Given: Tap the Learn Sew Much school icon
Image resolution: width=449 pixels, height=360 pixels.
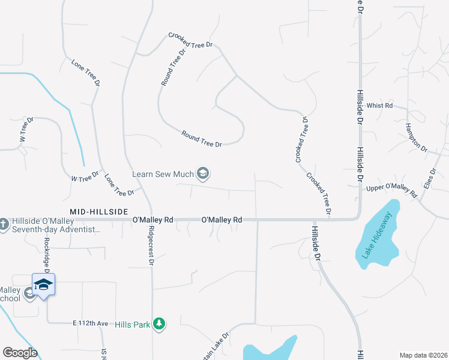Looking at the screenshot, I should [x=203, y=174].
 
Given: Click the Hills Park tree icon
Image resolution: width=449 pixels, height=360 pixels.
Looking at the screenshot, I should [x=159, y=324].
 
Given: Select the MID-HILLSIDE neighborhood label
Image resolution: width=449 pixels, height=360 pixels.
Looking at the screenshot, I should [x=99, y=212].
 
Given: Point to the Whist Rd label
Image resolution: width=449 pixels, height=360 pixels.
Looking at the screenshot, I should [x=379, y=106].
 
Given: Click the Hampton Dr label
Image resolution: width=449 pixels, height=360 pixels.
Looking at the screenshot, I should [x=415, y=137].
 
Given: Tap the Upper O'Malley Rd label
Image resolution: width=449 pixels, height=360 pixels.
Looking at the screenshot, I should [x=391, y=191].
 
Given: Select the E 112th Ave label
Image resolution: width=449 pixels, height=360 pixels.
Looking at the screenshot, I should [x=91, y=323].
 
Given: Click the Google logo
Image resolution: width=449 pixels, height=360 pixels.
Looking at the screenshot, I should [x=20, y=353].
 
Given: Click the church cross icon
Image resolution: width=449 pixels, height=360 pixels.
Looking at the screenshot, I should [x=4, y=224].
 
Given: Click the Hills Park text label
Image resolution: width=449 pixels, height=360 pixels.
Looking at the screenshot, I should [x=133, y=324].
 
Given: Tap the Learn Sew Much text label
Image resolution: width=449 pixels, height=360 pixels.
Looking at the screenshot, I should [x=163, y=174].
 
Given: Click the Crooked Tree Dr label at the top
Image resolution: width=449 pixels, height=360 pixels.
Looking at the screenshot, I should [x=191, y=40].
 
